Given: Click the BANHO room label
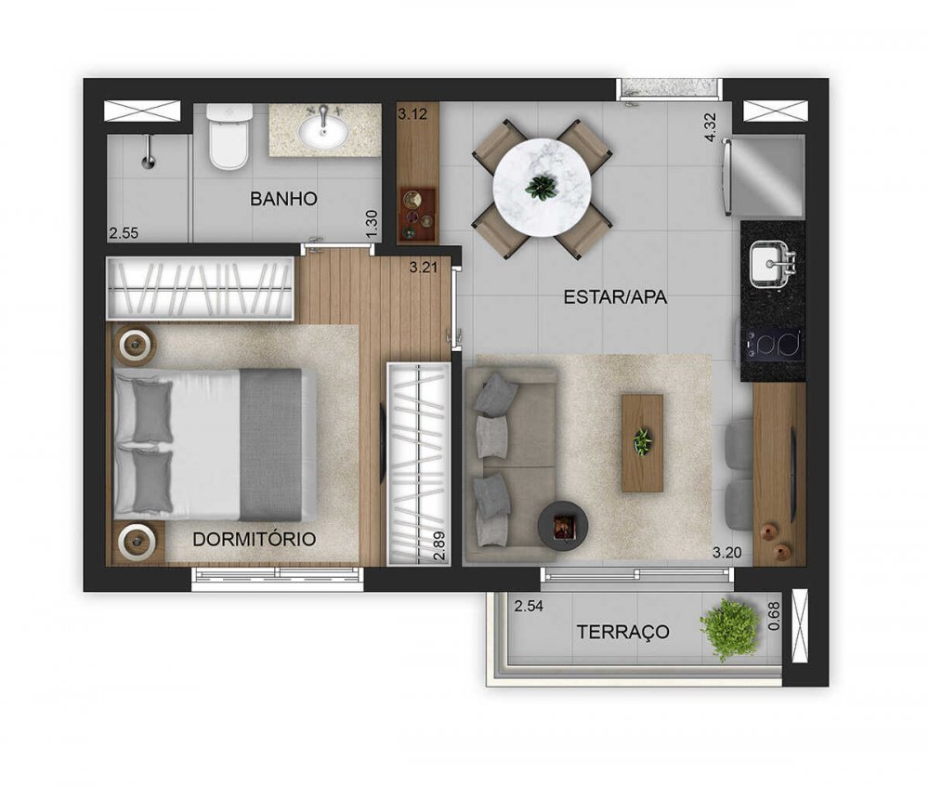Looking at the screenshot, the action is [x=283, y=199].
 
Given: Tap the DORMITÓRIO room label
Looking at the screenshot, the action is [x=255, y=539].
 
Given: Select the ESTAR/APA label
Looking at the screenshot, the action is [x=615, y=296].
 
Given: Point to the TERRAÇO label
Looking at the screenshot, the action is [x=623, y=632].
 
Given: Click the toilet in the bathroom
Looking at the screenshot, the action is [x=229, y=137].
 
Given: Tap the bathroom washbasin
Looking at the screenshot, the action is [x=323, y=130].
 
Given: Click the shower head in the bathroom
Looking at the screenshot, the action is [x=148, y=152].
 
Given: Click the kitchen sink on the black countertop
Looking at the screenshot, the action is [x=773, y=264].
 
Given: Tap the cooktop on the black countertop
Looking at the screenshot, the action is [x=774, y=345].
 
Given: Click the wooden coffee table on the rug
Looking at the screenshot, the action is [x=642, y=443].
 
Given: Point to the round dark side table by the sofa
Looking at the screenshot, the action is [x=562, y=525].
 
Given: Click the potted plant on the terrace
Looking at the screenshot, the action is [x=730, y=628].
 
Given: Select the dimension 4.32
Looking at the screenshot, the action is [x=711, y=127].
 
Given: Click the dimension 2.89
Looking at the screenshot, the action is [x=439, y=545].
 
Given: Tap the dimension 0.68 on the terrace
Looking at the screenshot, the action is [x=774, y=616].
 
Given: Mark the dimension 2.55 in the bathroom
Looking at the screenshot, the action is [x=124, y=233].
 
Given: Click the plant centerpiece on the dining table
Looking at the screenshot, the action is [x=541, y=187].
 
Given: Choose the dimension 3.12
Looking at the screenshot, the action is [x=412, y=113].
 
